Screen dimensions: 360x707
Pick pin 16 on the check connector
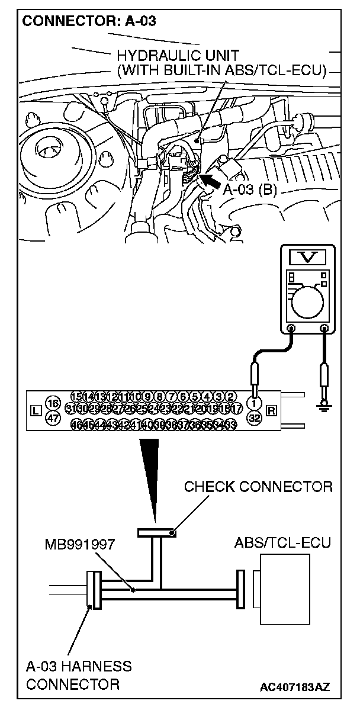[53, 403]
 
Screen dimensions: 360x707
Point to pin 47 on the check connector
[53, 418]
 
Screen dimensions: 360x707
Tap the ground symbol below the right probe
[324, 405]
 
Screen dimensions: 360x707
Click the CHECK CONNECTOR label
[258, 487]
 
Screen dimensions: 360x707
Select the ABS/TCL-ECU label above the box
[282, 542]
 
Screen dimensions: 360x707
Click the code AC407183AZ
[294, 687]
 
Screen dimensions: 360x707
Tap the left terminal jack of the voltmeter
[291, 328]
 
